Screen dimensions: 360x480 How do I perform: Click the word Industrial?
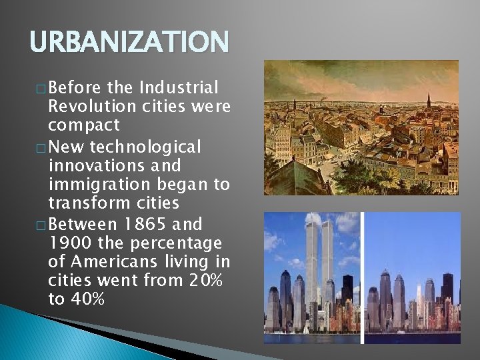point(179,87)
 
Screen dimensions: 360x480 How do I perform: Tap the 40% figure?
point(86,299)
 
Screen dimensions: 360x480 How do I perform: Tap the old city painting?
point(361,127)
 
